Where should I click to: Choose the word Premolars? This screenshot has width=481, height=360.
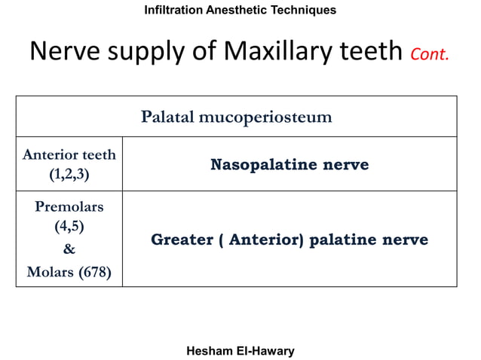[x=69, y=206]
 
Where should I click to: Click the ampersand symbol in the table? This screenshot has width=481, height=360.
[x=69, y=249]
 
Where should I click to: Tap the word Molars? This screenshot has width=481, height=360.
[x=51, y=272]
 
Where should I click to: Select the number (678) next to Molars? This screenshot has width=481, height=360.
[x=95, y=272]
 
